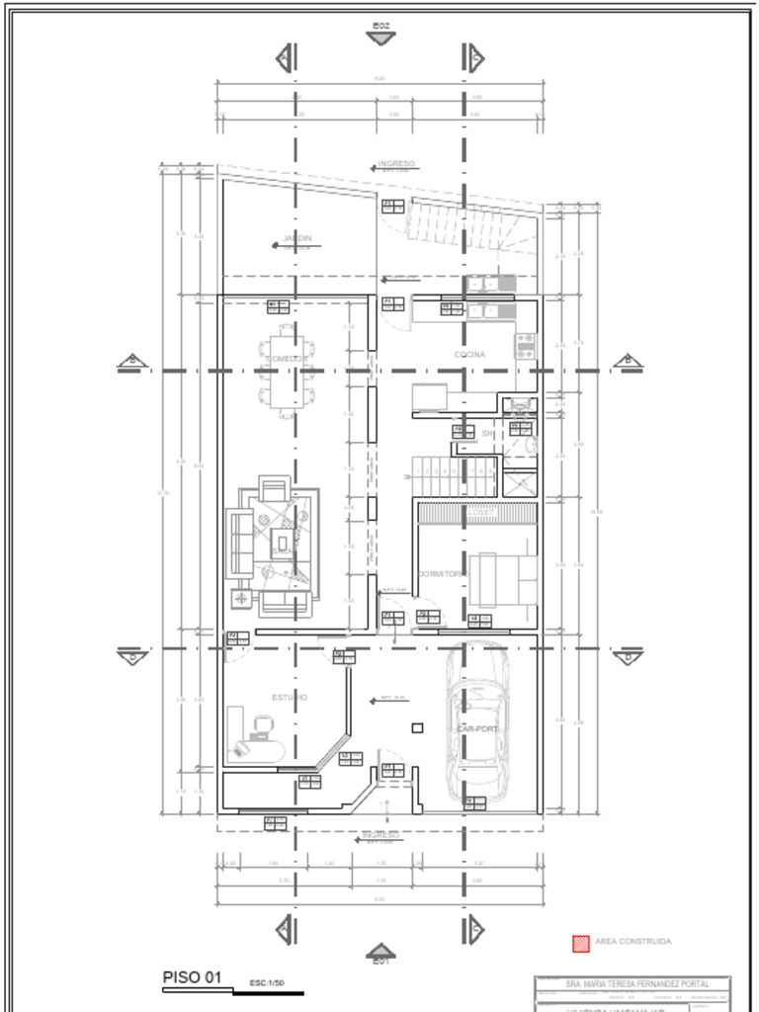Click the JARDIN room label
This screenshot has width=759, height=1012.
point(296,239)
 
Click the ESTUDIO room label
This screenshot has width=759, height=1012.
point(290,697)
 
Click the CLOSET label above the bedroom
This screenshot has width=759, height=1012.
point(481,513)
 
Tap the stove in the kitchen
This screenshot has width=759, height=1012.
point(525,346)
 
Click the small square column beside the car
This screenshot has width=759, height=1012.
point(417,728)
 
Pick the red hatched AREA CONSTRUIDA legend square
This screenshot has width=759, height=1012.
point(581,943)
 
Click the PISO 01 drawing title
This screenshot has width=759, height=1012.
point(191,977)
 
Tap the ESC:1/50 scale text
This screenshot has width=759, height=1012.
point(267,983)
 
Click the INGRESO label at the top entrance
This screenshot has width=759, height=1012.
point(395,164)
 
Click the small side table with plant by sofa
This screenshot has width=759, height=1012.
point(241,597)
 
